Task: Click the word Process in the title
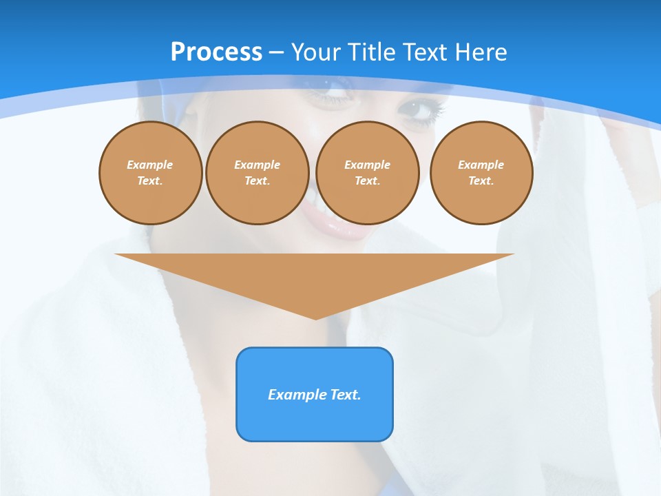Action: pos(216,52)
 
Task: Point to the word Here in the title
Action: pos(481,52)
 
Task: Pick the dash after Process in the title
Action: pos(276,53)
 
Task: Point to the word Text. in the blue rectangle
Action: pos(345,395)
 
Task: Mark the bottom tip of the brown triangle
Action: pos(315,318)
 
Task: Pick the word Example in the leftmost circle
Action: pos(150,165)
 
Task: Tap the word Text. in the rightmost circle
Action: pos(481,180)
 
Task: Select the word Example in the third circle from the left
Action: pos(368,165)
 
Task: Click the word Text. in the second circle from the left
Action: pos(257,180)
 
